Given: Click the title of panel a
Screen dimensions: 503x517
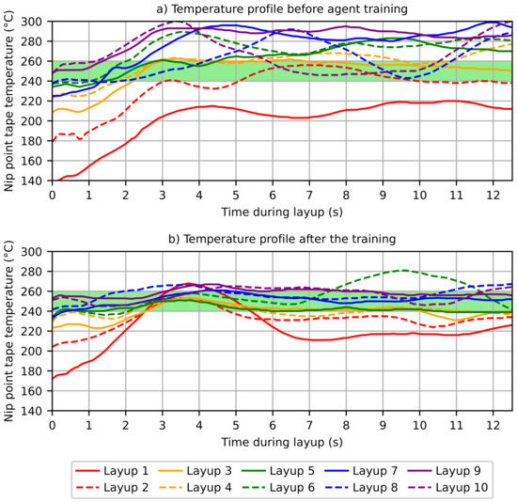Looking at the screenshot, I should coord(282,8).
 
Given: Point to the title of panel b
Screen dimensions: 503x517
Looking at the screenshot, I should coord(282,239).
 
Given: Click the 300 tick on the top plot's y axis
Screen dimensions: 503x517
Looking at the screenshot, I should coord(34,22).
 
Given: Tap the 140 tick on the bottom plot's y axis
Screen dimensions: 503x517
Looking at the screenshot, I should coord(34,411).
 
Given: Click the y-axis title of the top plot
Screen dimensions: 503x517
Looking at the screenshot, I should coord(8,101).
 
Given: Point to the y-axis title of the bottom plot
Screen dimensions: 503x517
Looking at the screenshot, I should coord(8,331).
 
